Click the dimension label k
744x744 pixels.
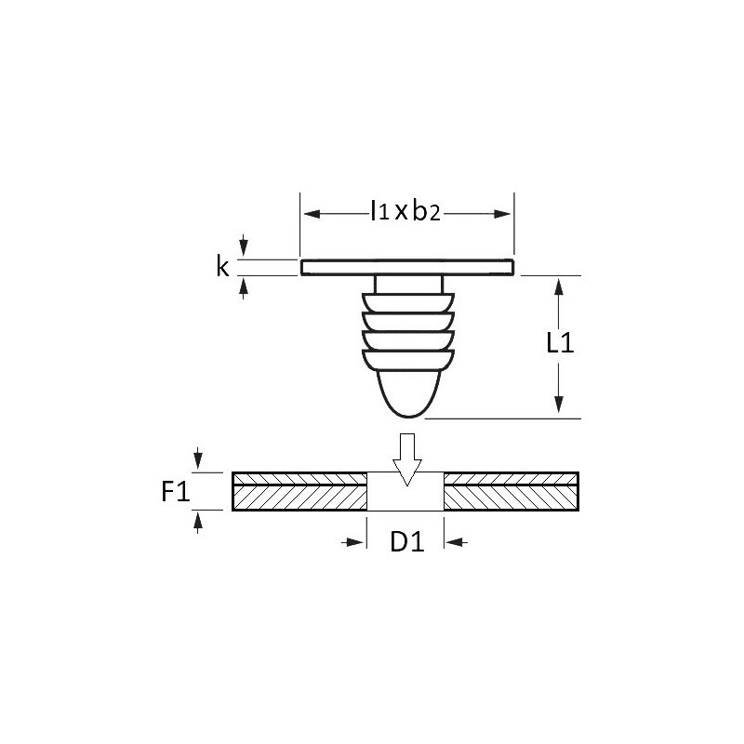pyautogui.click(x=222, y=266)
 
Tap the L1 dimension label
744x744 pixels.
pyautogui.click(x=560, y=342)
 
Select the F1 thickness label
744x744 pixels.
pyautogui.click(x=176, y=491)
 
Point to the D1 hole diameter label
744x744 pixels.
pyautogui.click(x=407, y=541)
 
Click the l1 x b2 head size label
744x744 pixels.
pyautogui.click(x=405, y=211)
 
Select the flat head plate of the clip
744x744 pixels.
pyautogui.click(x=407, y=267)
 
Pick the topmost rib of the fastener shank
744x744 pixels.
pyautogui.click(x=408, y=302)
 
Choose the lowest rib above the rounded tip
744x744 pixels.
pyautogui.click(x=408, y=360)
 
